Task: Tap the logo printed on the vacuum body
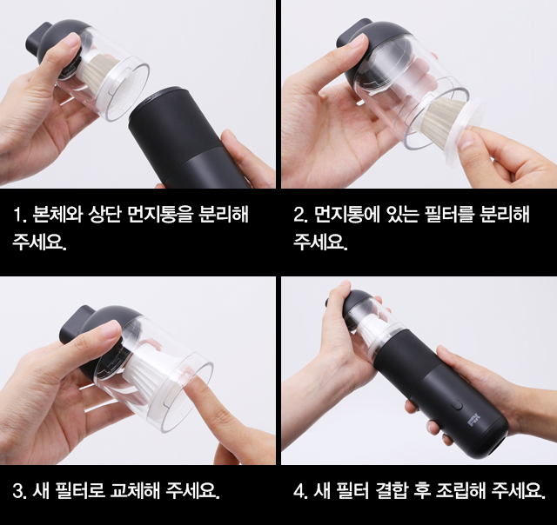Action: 474,421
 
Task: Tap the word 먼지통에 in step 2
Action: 340,215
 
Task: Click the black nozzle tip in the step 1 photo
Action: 38,38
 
